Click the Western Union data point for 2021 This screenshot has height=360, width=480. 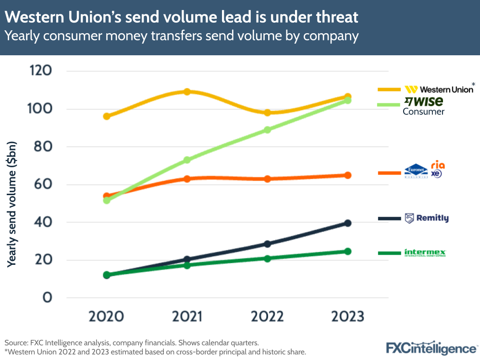pyautogui.click(x=187, y=91)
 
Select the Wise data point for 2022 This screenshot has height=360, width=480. pyautogui.click(x=268, y=130)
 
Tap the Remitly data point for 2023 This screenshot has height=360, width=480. pyautogui.click(x=348, y=223)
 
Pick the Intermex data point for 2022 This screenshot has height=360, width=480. pyautogui.click(x=268, y=258)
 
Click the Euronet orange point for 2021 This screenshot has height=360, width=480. pyautogui.click(x=187, y=179)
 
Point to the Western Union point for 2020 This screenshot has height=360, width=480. pyautogui.click(x=107, y=116)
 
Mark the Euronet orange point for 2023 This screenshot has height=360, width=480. pyautogui.click(x=348, y=175)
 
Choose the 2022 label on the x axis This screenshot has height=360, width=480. pyautogui.click(x=267, y=317)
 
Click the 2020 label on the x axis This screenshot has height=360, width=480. pyautogui.click(x=106, y=317)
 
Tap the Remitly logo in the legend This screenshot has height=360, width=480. pyautogui.click(x=427, y=218)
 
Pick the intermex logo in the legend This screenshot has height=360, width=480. pyautogui.click(x=425, y=252)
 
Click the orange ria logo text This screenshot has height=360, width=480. pyautogui.click(x=438, y=165)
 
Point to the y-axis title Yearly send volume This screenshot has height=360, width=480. pyautogui.click(x=13, y=204)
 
